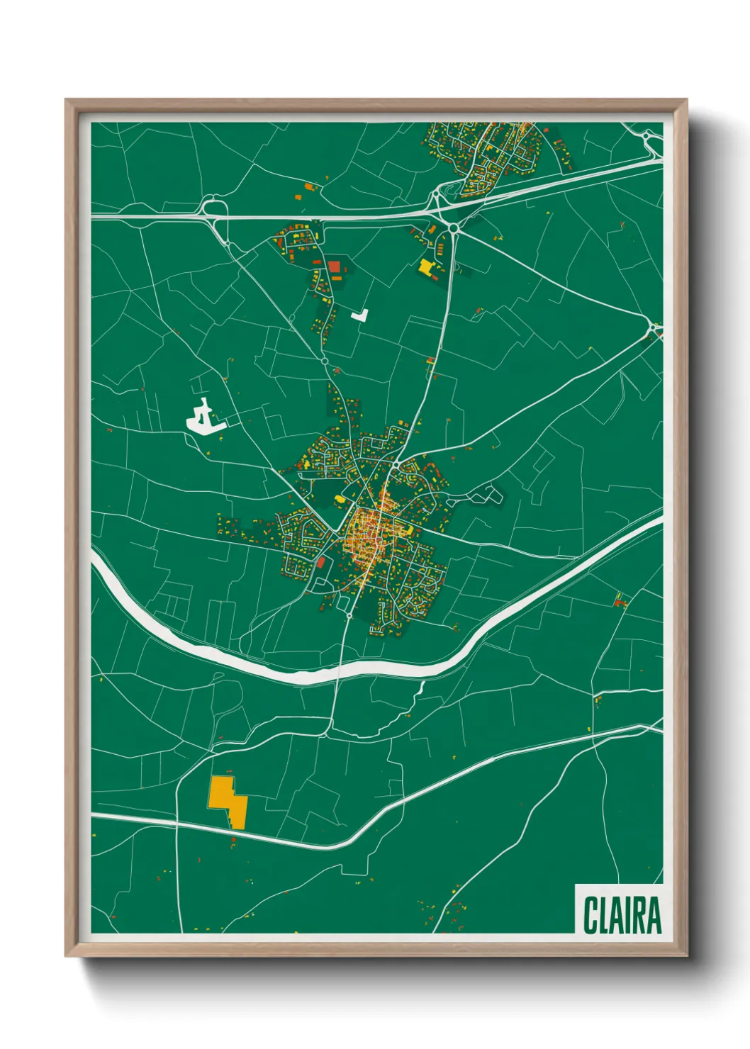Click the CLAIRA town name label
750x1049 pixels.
coord(622,915)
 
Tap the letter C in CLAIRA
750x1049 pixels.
coord(590,915)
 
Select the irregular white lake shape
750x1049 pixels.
coord(203,418)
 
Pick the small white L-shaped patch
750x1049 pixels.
coord(360,315)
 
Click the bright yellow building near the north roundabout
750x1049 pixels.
coord(426,267)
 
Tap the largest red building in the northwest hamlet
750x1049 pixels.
coord(334,267)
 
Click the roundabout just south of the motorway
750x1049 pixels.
coord(452,226)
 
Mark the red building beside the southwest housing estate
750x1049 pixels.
coord(320,563)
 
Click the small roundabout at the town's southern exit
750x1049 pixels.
coord(349,616)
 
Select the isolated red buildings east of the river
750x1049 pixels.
coord(621,602)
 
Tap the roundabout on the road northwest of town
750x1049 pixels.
coord(324,361)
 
